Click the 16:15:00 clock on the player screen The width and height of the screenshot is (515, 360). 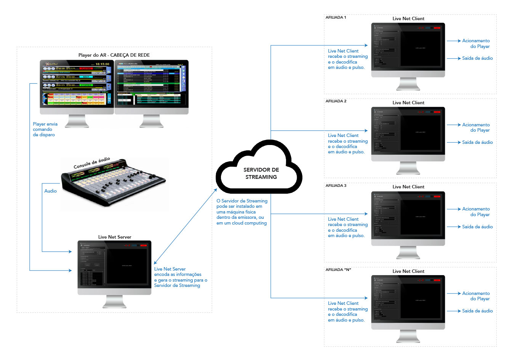click(102, 64)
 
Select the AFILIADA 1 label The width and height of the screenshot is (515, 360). click(336, 18)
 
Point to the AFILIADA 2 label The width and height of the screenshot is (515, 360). click(336, 101)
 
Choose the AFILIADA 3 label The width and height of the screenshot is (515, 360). click(336, 186)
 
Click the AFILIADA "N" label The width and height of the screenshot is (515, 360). click(338, 270)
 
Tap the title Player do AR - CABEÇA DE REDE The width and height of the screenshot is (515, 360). click(114, 55)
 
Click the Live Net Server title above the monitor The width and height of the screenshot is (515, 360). click(114, 237)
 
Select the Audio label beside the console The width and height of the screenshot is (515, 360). click(50, 191)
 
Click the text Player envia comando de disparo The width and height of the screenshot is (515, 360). click(45, 129)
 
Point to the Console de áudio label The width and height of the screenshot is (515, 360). click(92, 163)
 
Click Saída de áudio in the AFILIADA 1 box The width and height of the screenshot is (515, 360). click(477, 58)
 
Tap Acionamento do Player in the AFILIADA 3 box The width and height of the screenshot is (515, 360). click(476, 212)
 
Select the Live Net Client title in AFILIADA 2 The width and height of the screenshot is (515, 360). click(408, 103)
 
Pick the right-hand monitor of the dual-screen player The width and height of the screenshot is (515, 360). click(151, 84)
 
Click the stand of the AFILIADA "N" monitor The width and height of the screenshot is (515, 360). click(408, 336)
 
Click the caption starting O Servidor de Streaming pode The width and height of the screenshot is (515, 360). click(242, 212)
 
